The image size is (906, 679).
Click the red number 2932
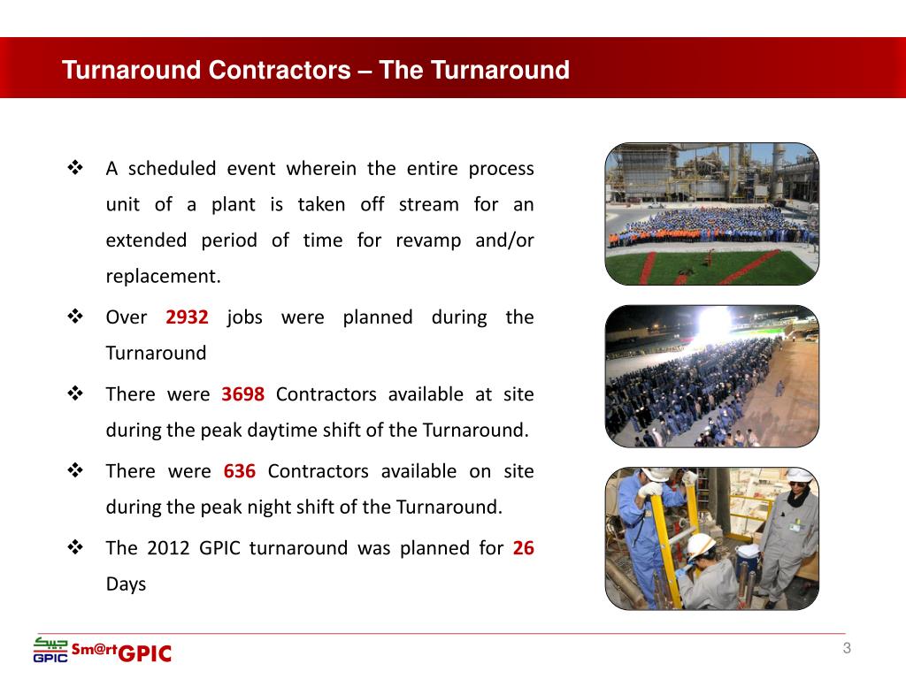click(x=187, y=317)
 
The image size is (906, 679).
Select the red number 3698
click(x=242, y=394)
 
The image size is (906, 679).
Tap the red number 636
click(x=240, y=471)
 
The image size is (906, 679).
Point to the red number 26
click(x=523, y=548)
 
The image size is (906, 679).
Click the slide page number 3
click(x=847, y=650)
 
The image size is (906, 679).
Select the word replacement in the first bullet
click(x=163, y=277)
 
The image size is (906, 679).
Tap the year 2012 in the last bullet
click(x=168, y=548)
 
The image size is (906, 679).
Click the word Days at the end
click(x=126, y=584)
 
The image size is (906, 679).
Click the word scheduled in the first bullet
click(x=172, y=169)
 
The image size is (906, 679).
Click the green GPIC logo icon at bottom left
click(x=50, y=650)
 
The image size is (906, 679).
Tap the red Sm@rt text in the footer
click(x=94, y=649)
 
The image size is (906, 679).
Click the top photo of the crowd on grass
click(x=711, y=214)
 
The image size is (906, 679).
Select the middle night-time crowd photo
click(x=711, y=376)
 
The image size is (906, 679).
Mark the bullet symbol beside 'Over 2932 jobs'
click(x=75, y=316)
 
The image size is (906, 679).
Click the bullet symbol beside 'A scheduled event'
click(x=75, y=167)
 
